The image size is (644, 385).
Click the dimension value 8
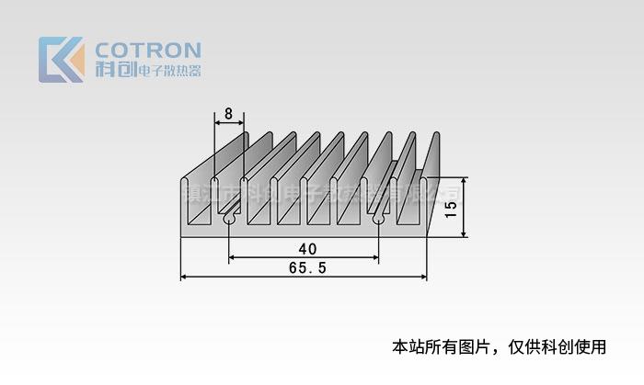point(228,116)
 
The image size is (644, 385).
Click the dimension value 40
point(307,249)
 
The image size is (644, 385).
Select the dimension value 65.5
point(307,268)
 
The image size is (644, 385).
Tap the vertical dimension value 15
point(450,209)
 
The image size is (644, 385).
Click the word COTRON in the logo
point(148,50)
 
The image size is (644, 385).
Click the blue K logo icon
point(61,60)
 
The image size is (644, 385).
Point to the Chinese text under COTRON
point(168,71)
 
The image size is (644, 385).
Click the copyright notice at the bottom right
point(500,347)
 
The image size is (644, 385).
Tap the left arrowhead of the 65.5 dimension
point(184,277)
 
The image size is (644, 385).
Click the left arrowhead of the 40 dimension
point(233,258)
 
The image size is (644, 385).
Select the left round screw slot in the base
point(228,221)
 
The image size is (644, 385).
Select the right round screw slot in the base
point(378,221)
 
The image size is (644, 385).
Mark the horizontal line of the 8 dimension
point(229,125)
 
